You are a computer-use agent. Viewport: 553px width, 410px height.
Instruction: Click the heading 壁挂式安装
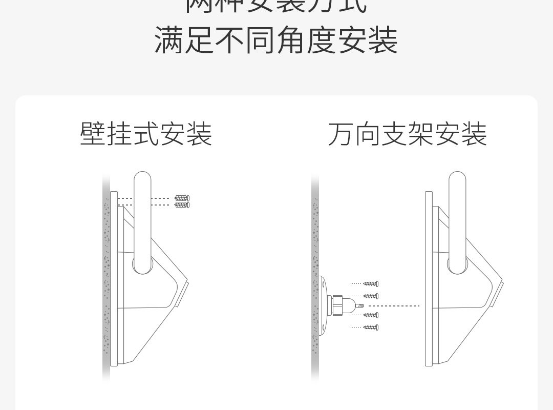[146, 134]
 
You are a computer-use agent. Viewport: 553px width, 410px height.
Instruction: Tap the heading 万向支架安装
[407, 134]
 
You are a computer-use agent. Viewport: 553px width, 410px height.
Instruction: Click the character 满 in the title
[169, 41]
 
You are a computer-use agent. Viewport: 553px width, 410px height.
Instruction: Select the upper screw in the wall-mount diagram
[182, 198]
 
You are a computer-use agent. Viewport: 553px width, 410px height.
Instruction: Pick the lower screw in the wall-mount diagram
[182, 205]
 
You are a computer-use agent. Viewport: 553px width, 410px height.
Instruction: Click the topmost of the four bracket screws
[371, 283]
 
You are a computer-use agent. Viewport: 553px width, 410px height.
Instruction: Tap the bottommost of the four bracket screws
[371, 327]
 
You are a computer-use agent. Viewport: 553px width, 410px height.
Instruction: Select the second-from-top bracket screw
[371, 296]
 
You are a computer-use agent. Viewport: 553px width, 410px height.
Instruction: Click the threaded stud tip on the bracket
[359, 305]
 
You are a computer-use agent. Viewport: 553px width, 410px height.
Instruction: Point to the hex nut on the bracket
[337, 305]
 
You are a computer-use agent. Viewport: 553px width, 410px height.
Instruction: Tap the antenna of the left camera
[142, 215]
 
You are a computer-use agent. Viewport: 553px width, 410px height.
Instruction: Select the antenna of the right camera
[457, 215]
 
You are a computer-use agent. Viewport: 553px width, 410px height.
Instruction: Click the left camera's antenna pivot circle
[142, 264]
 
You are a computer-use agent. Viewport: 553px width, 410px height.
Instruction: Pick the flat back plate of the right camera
[429, 279]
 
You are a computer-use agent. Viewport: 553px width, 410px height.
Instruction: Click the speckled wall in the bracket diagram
[315, 246]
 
